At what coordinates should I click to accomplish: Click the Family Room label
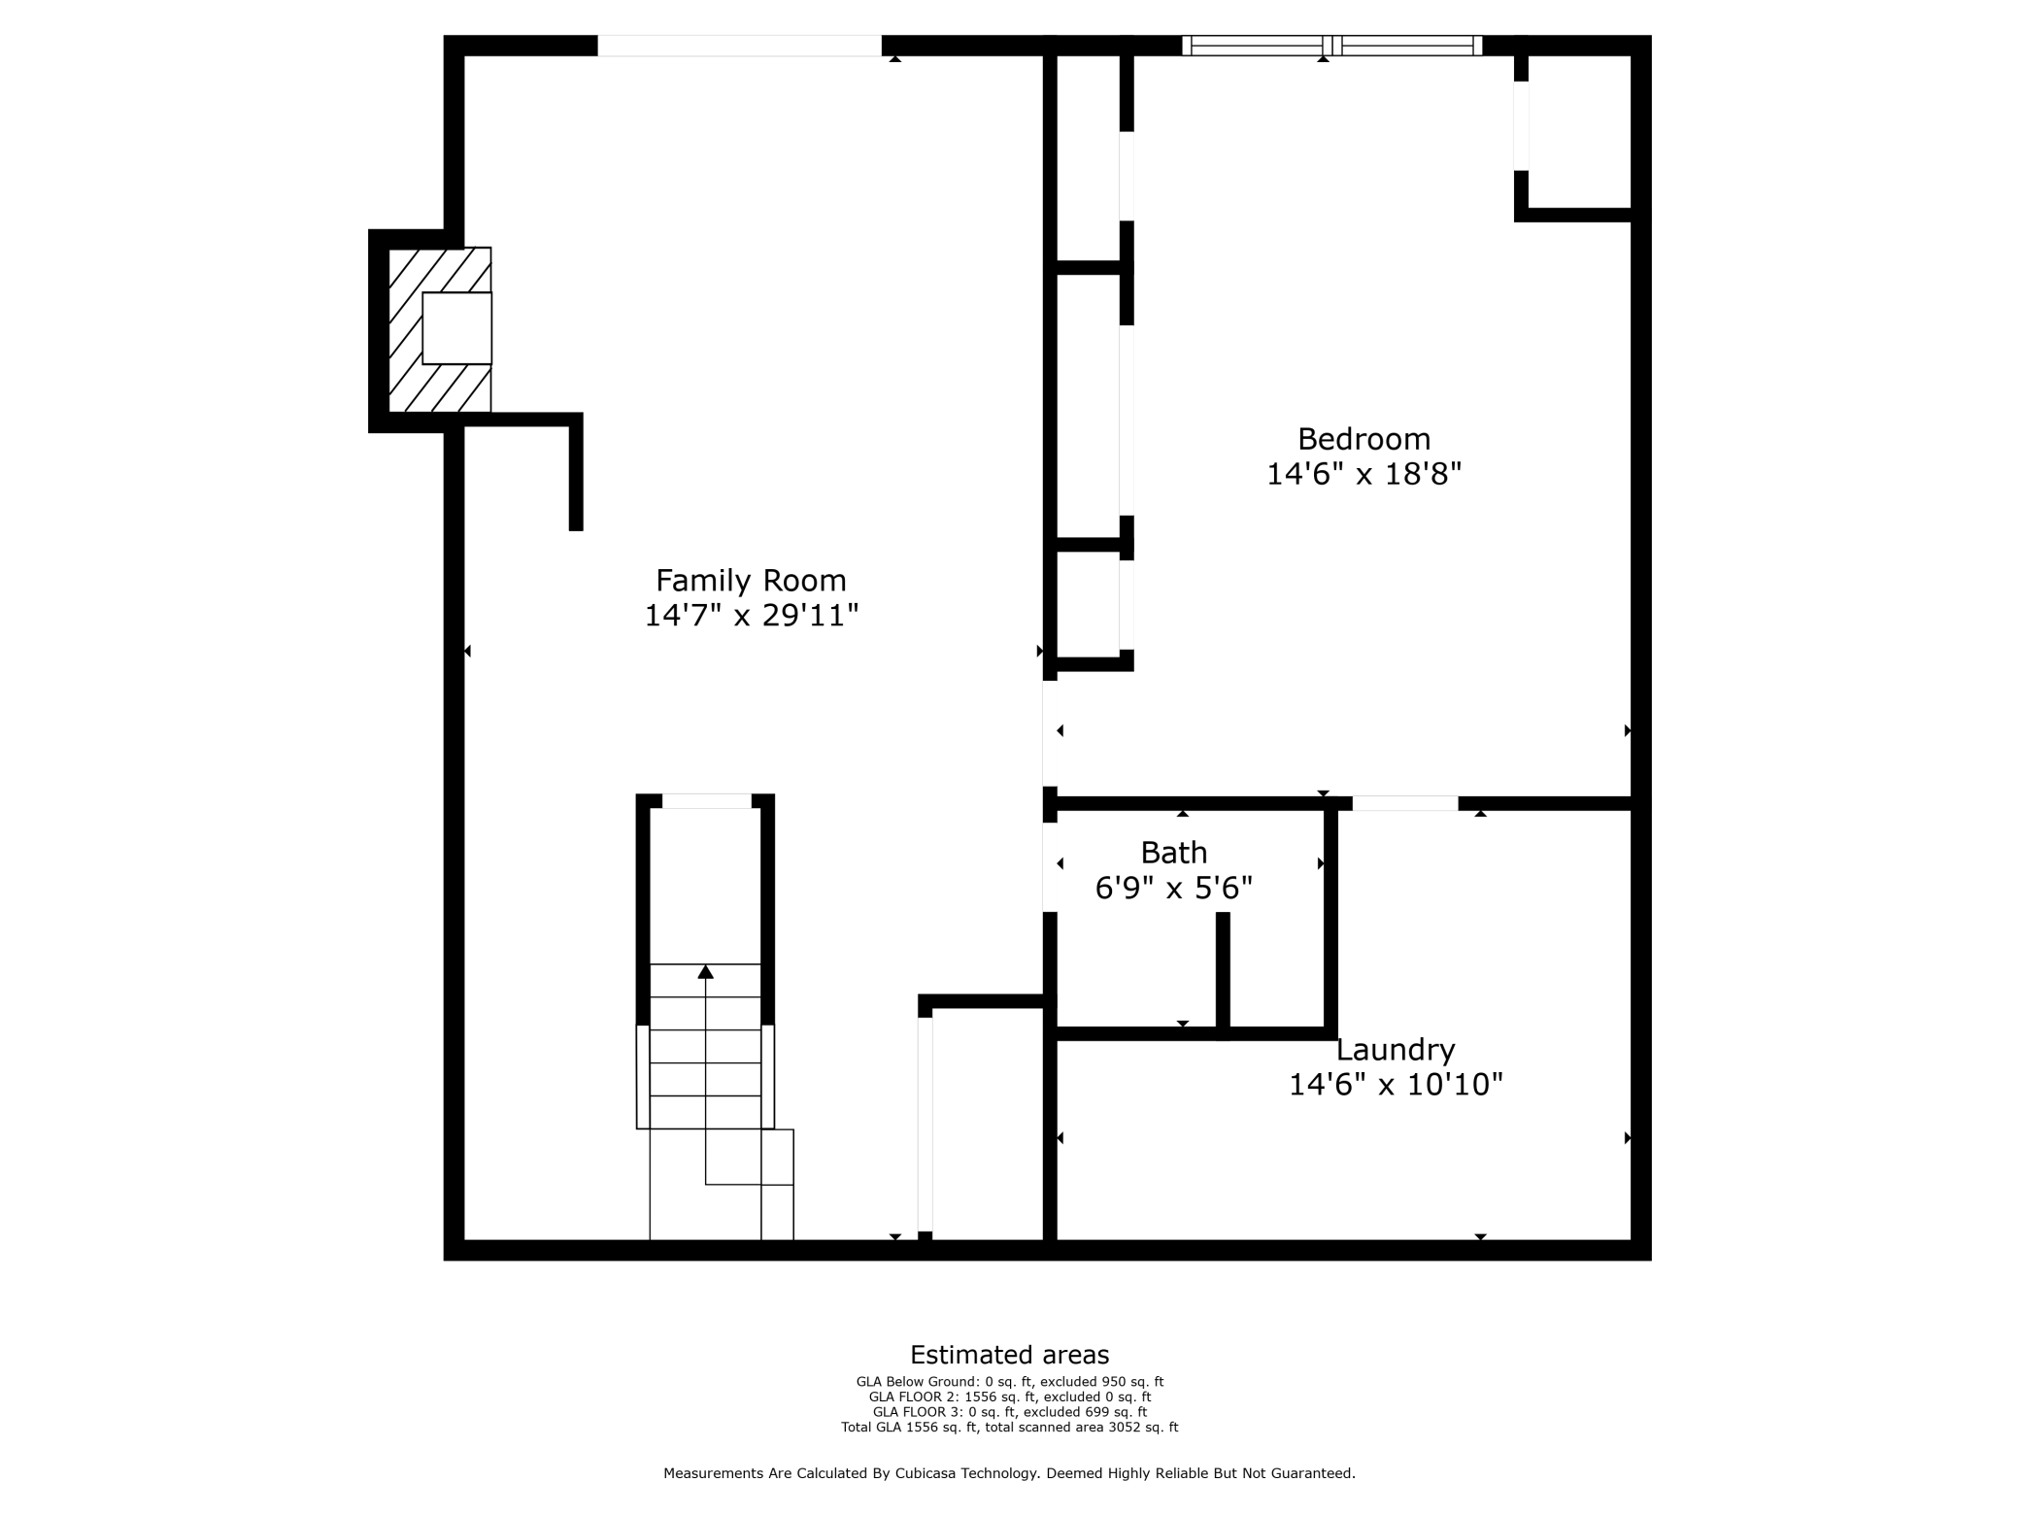[751, 581]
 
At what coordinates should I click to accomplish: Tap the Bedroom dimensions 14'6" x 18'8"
[1363, 474]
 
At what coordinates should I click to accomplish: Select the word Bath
[1173, 853]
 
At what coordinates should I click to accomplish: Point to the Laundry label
[1396, 1050]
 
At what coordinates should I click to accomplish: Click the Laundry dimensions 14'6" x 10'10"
[1396, 1084]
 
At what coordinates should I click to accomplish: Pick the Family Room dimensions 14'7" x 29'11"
[752, 616]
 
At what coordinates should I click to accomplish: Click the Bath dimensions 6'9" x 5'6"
[1173, 888]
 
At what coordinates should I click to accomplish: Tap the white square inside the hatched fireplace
[456, 328]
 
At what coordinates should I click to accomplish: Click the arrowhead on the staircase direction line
[706, 971]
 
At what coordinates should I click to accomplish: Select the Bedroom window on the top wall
[1331, 45]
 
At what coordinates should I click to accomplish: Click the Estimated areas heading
[1009, 1355]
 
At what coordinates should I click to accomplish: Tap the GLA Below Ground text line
[1009, 1382]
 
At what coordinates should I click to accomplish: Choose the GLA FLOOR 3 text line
[1009, 1412]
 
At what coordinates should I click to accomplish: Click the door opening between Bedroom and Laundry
[1405, 803]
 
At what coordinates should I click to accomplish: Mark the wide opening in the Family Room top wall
[739, 46]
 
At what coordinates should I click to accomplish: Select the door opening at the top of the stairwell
[706, 801]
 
